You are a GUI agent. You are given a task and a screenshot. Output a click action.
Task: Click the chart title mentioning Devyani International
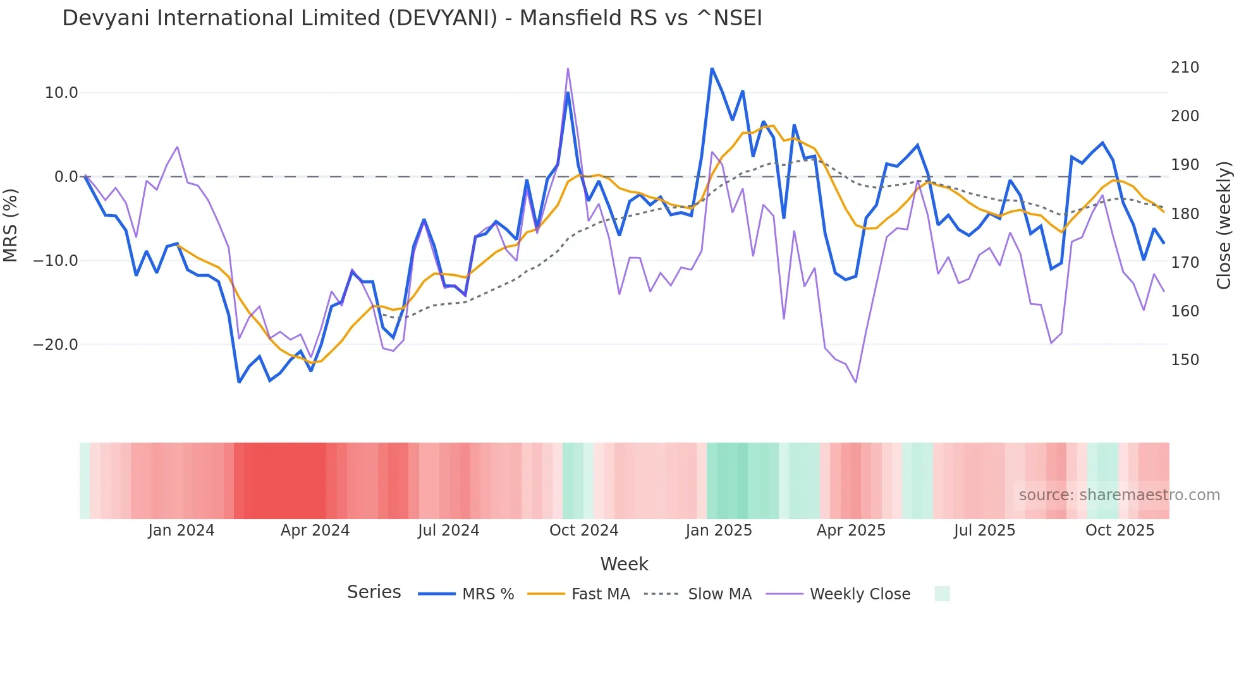(x=412, y=18)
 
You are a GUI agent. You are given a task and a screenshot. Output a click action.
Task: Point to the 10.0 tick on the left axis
(x=61, y=93)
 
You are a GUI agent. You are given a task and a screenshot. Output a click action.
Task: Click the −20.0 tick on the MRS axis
(x=56, y=345)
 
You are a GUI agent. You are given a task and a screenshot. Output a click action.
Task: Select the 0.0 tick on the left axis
(x=66, y=177)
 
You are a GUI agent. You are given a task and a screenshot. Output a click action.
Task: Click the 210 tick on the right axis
(x=1185, y=68)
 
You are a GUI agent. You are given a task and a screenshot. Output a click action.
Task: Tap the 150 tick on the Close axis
(x=1185, y=360)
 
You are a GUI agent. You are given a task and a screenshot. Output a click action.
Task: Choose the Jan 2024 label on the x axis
(x=181, y=531)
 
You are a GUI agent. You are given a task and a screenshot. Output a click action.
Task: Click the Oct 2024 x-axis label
(x=583, y=531)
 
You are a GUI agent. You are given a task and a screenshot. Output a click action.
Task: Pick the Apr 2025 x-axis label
(x=851, y=531)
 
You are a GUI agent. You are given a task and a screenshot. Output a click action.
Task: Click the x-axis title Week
(x=624, y=564)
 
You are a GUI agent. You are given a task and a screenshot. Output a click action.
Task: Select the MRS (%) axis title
(x=11, y=225)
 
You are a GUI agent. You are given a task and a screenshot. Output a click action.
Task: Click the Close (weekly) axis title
(x=1224, y=225)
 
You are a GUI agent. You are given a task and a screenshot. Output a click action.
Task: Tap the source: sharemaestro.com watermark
(x=1119, y=495)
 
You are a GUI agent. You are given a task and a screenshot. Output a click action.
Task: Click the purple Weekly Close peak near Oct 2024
(x=568, y=69)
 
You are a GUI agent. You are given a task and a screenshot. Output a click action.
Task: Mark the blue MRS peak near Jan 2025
(x=712, y=68)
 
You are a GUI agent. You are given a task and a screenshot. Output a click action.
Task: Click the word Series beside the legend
(x=374, y=592)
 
